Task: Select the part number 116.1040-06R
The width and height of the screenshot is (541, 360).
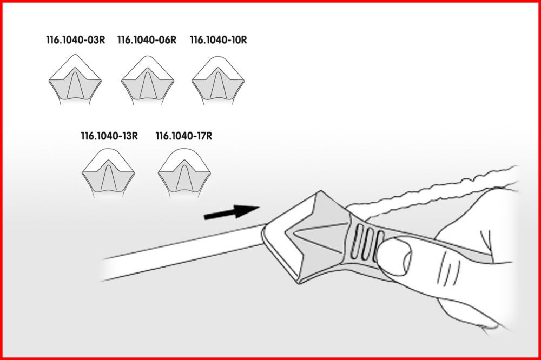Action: point(147,40)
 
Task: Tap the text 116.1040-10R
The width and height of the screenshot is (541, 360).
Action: point(219,40)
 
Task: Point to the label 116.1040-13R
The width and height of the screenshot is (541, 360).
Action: point(109,136)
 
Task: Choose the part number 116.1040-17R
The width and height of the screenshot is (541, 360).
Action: point(184,136)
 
